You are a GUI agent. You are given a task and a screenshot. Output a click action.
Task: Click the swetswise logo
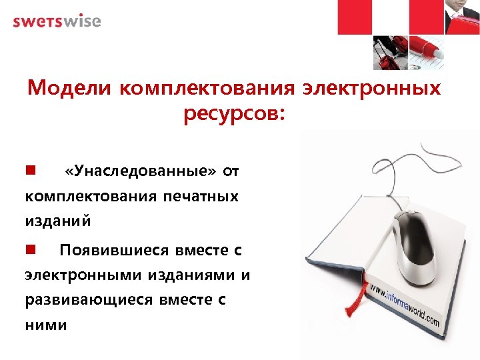(57, 21)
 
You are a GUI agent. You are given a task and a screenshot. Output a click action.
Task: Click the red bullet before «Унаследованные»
(30, 171)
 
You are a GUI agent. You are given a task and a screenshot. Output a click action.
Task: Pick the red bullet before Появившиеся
(30, 250)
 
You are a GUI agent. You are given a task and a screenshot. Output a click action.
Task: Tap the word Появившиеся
(113, 251)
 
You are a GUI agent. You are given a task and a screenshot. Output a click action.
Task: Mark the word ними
(46, 325)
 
